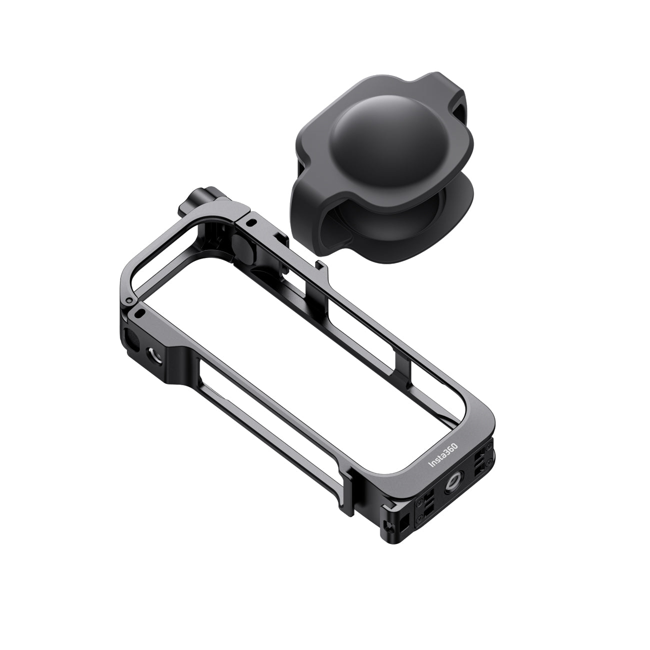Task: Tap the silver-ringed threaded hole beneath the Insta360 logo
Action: tap(452, 487)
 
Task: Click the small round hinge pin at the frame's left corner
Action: tap(128, 300)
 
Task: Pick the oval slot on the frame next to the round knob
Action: tap(250, 222)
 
